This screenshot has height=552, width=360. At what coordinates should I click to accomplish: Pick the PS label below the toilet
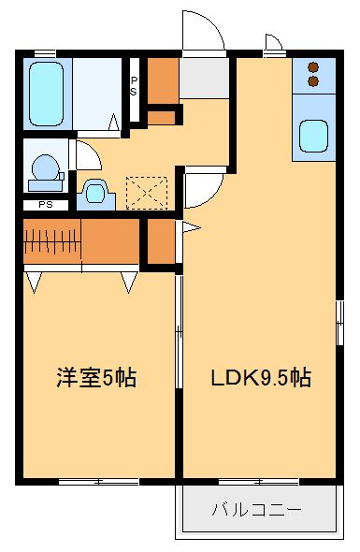pyautogui.click(x=45, y=205)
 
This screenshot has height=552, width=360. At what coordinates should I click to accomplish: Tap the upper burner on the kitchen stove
pyautogui.click(x=313, y=68)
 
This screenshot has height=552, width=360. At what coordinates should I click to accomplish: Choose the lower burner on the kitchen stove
pyautogui.click(x=313, y=82)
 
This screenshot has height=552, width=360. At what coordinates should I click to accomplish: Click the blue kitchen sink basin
pyautogui.click(x=315, y=139)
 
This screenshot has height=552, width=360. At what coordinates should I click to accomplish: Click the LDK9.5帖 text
pyautogui.click(x=260, y=379)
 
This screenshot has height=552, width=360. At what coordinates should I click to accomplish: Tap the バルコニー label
pyautogui.click(x=256, y=511)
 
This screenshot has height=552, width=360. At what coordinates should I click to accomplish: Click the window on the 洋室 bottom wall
pyautogui.click(x=98, y=482)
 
